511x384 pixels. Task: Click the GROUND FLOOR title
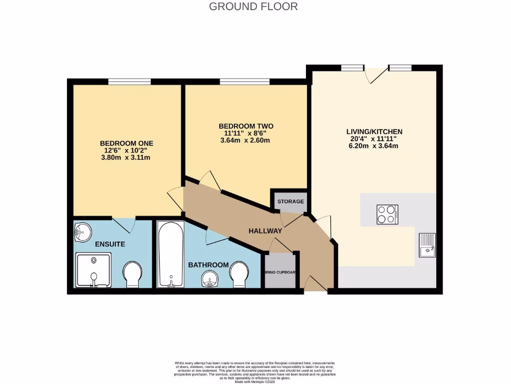(x=253, y=6)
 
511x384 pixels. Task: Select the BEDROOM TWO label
(x=246, y=125)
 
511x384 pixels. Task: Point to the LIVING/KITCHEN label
(x=374, y=131)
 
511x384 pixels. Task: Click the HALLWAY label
(x=265, y=231)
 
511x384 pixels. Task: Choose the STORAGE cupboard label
(x=290, y=201)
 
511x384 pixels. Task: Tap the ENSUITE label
(x=110, y=244)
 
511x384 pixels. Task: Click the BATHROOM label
(x=208, y=265)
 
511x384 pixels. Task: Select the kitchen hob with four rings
(x=387, y=214)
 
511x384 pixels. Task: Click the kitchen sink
(x=427, y=244)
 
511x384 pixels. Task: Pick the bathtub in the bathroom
(x=171, y=254)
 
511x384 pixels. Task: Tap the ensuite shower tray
(x=93, y=270)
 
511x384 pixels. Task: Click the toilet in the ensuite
(x=133, y=274)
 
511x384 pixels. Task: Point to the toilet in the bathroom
(x=240, y=274)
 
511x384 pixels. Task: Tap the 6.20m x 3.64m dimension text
(x=374, y=146)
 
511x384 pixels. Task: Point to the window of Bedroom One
(x=129, y=81)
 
